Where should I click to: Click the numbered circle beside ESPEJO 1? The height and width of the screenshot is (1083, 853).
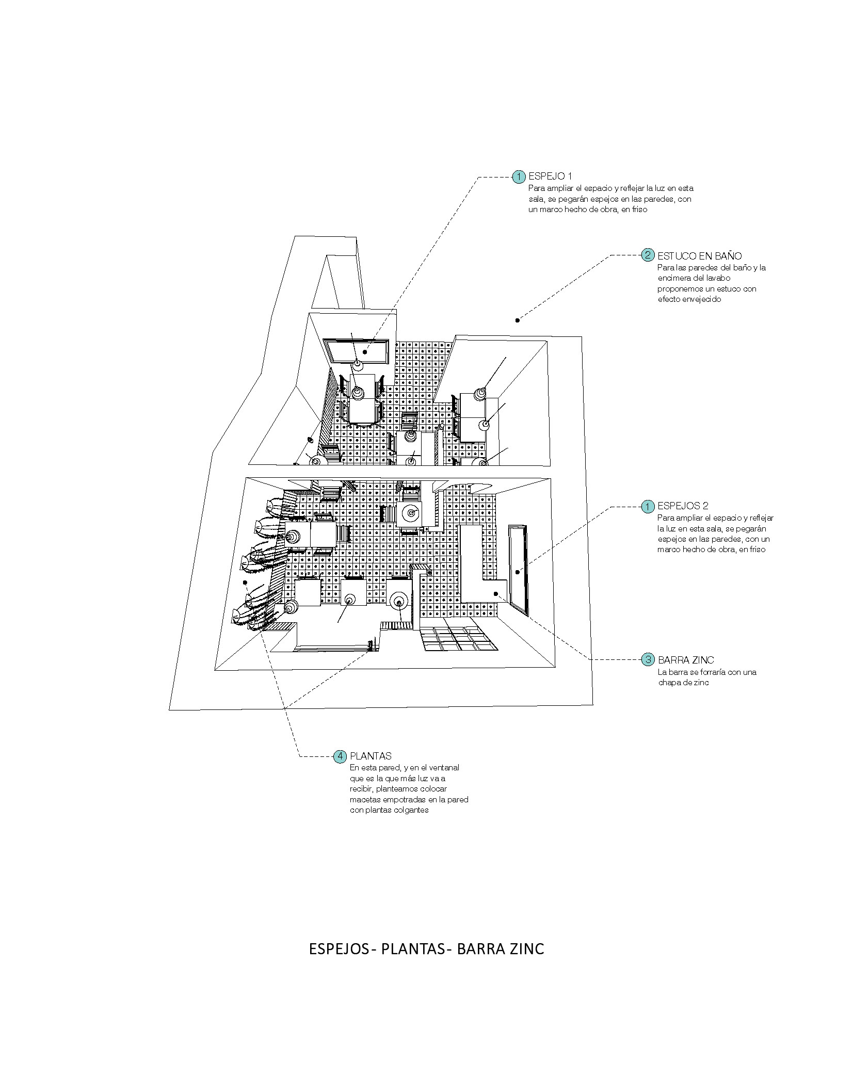(518, 177)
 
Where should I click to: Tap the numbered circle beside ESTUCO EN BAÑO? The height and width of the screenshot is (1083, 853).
(648, 255)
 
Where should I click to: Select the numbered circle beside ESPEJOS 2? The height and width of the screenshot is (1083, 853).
(648, 507)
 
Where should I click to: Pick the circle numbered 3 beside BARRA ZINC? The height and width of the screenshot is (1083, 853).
(648, 659)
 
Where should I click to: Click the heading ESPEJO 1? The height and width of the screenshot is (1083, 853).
(550, 176)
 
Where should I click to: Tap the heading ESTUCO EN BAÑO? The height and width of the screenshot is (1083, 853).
(699, 255)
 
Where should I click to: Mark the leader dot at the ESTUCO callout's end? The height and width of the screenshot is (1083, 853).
(518, 320)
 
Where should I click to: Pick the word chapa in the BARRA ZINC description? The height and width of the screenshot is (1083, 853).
(668, 682)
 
